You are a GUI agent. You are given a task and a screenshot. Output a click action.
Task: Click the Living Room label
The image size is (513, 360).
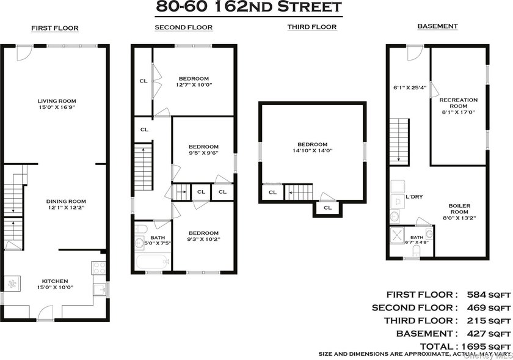click(x=57, y=101)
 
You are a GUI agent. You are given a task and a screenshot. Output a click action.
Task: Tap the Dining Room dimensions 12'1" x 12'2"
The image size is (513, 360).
click(x=66, y=208)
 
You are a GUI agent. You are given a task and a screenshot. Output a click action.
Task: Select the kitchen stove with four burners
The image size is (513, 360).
click(x=98, y=268)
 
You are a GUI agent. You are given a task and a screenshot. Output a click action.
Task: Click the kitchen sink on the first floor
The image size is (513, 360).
click(x=100, y=290)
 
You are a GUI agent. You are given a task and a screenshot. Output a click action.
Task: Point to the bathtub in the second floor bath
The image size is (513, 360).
click(x=153, y=262)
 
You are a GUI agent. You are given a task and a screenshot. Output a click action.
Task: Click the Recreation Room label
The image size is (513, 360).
click(x=459, y=103)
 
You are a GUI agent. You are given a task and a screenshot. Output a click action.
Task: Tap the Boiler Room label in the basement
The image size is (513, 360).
click(x=459, y=208)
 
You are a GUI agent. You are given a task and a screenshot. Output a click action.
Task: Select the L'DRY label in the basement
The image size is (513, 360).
click(x=414, y=197)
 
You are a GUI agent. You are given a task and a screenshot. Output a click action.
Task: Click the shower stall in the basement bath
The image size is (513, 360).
click(x=397, y=235)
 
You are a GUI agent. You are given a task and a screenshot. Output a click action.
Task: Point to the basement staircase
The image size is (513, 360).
click(x=399, y=142)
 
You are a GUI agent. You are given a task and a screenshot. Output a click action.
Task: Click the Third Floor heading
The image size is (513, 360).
click(x=312, y=27)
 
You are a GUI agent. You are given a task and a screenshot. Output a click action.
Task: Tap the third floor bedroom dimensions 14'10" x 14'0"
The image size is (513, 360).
click(x=313, y=151)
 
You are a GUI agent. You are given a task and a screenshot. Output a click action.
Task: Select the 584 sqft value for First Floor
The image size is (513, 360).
click(x=489, y=295)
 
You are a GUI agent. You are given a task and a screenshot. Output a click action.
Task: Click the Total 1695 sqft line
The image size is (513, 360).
click(x=465, y=346)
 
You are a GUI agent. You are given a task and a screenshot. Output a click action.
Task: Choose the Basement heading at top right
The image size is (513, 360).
click(x=437, y=26)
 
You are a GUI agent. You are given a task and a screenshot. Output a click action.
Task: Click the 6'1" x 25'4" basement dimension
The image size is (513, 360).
click(x=410, y=88)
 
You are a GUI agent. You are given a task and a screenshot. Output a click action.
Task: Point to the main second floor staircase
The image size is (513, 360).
click(x=144, y=167)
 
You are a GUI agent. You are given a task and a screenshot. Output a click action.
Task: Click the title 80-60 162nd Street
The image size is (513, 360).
click(x=249, y=7)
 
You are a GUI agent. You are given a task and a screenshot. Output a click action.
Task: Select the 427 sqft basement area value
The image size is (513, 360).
click(x=489, y=334)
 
